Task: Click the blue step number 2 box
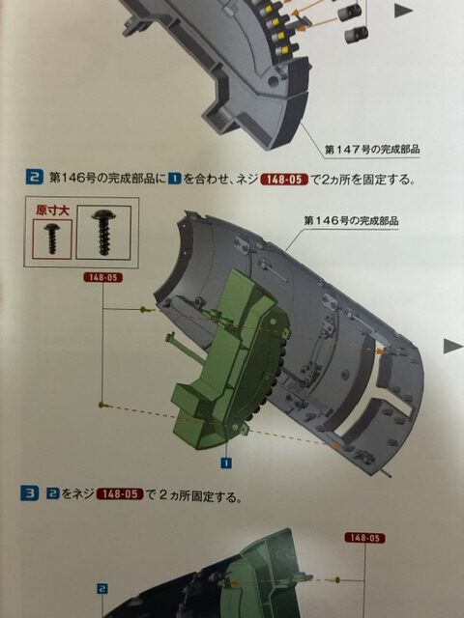point(35,177)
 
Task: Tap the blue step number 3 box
point(30,493)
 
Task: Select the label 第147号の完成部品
point(372,149)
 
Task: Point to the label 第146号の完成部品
point(351,221)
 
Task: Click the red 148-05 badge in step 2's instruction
point(284,180)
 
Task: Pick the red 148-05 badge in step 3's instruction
point(120,493)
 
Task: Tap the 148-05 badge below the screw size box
point(103,277)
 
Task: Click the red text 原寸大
point(52,211)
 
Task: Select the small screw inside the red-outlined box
point(52,239)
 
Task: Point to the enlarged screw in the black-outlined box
point(103,232)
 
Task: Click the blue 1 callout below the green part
point(225,463)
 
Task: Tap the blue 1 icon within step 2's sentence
point(174,179)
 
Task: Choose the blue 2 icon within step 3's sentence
point(53,493)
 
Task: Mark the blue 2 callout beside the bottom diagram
point(102,589)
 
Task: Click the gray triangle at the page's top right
point(403,11)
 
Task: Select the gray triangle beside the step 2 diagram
point(452,346)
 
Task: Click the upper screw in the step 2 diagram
point(146,310)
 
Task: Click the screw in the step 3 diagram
point(337,579)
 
